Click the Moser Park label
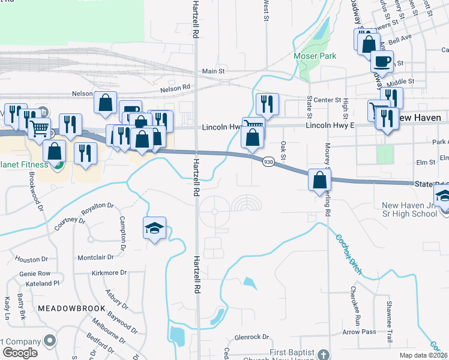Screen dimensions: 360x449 (x=315, y=56)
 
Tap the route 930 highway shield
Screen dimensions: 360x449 (x=268, y=162)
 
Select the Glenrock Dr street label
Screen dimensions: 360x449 (x=255, y=337)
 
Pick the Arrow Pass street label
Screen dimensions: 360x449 (x=359, y=332)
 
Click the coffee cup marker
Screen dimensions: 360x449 (x=381, y=61)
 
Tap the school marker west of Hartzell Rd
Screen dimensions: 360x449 (x=154, y=228)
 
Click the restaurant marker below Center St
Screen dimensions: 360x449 (x=267, y=104)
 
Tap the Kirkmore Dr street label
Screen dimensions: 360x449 (x=108, y=272)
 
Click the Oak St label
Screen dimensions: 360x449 (x=283, y=147)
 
